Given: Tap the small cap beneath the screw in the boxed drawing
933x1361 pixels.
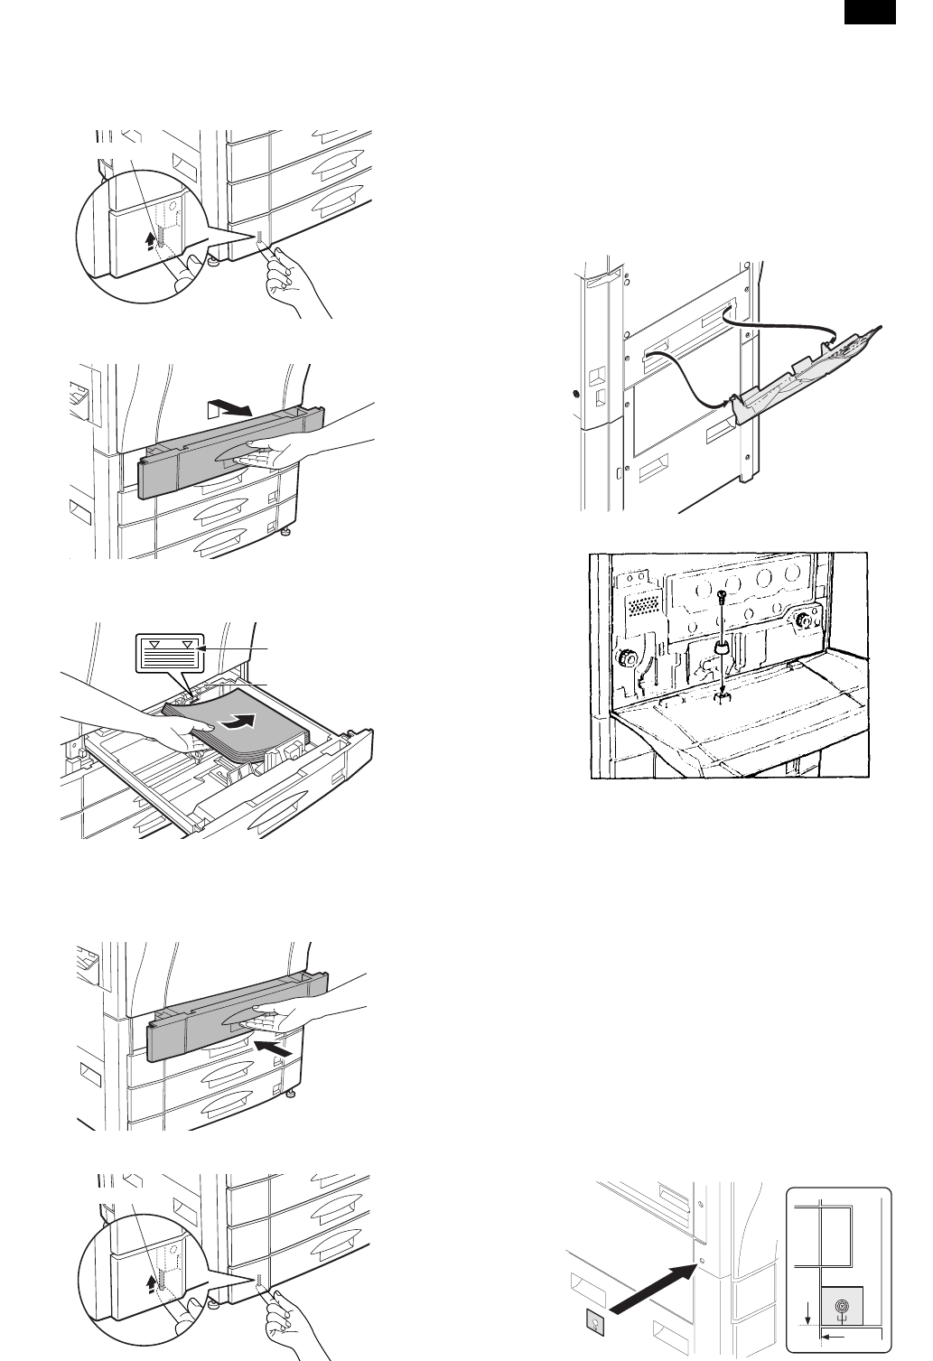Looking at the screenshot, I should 722,648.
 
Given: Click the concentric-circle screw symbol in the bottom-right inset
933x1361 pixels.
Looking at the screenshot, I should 841,1307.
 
